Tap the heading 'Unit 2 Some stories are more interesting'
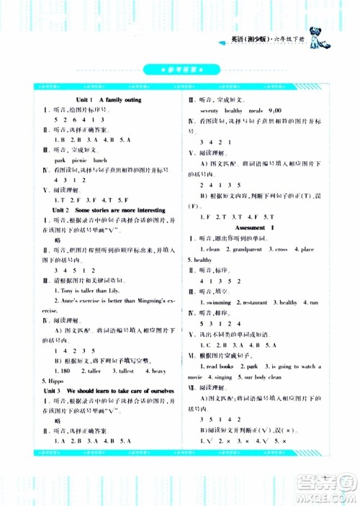pos(109,209)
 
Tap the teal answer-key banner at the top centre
pos(179,70)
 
